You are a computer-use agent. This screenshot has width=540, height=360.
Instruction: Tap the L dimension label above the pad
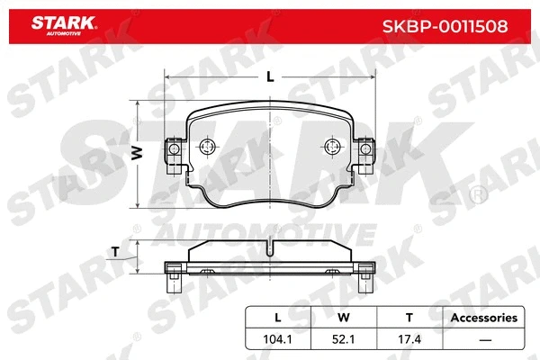pos(270,77)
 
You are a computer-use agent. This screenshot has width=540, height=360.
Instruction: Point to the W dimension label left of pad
pos(138,154)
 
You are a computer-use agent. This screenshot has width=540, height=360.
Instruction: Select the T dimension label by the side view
pos(114,251)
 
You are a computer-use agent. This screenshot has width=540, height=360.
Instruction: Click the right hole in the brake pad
pos(330,148)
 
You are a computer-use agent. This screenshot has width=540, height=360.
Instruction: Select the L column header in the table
pos(278,318)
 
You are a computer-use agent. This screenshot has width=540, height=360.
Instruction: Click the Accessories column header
pos(484,318)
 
